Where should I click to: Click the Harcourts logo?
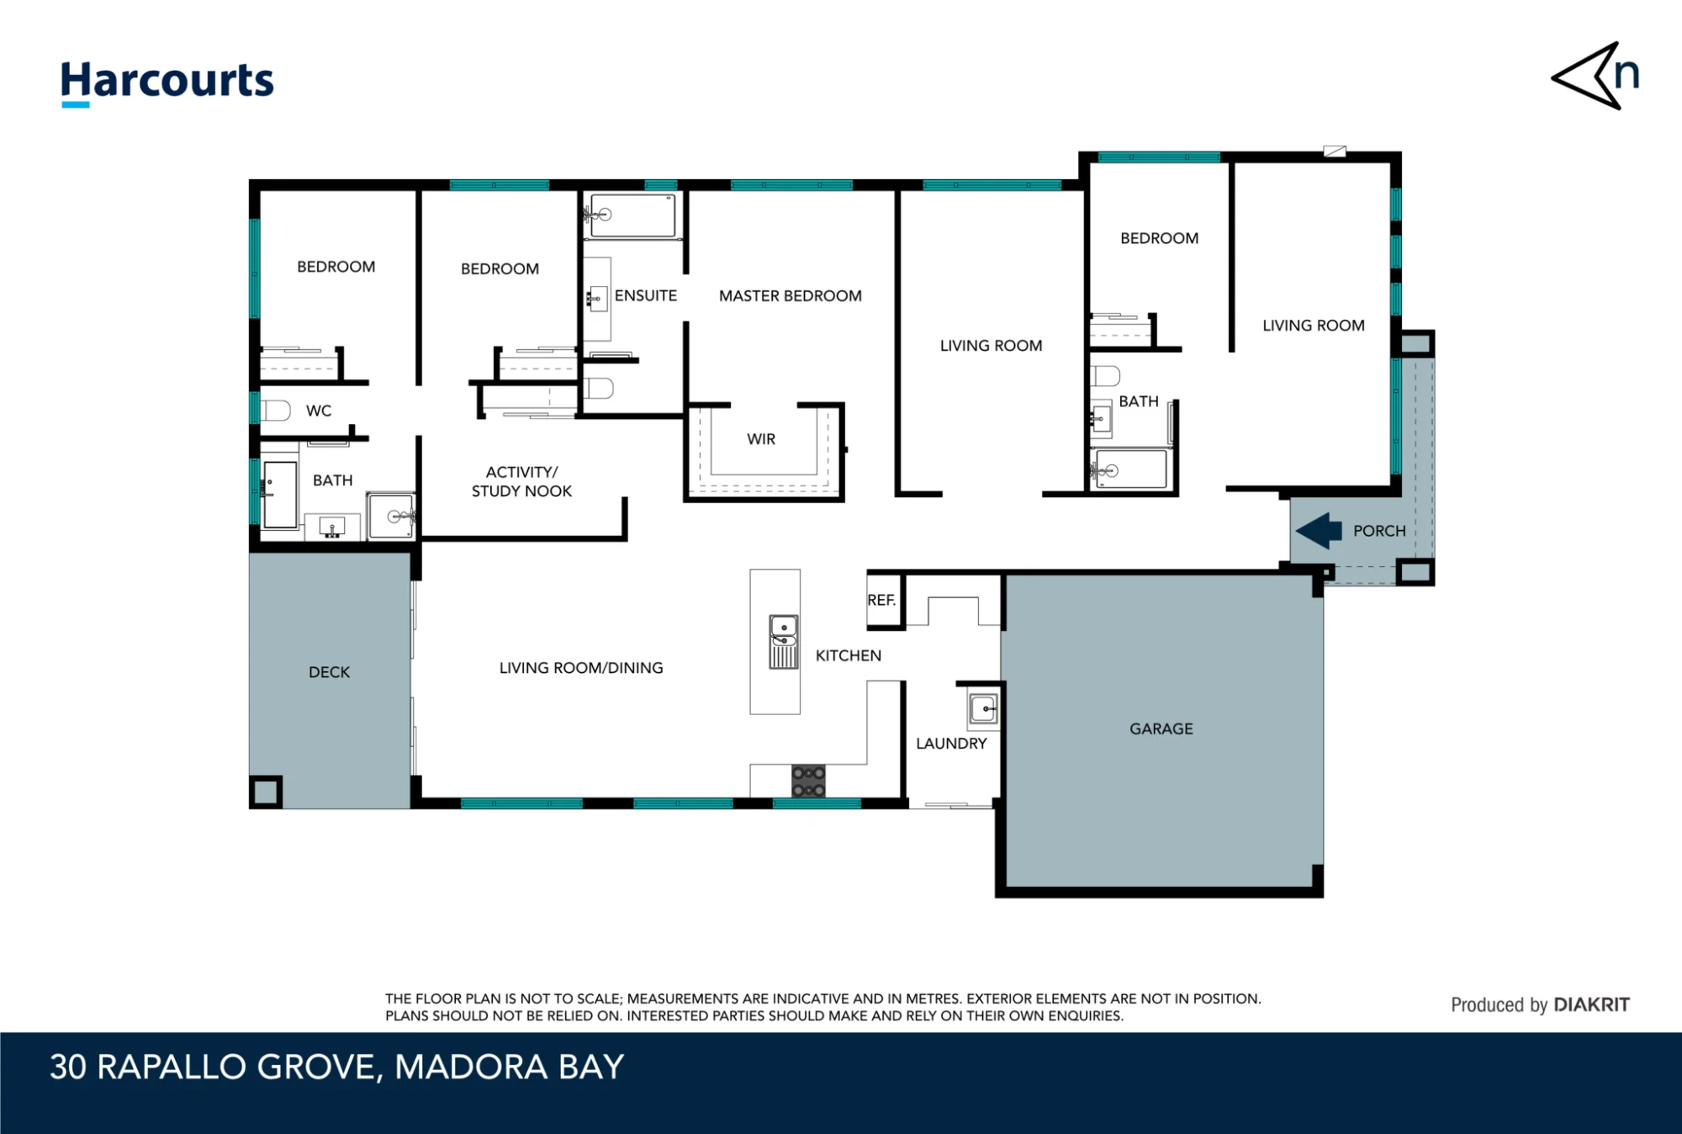point(167,83)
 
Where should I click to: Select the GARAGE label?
point(1161,729)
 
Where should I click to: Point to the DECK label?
point(329,672)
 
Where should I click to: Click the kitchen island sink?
point(784,642)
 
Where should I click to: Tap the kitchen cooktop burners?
point(808,782)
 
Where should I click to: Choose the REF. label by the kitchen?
point(881,600)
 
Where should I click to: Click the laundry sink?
point(983,709)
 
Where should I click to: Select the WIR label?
point(761,439)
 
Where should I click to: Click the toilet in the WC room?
point(275,411)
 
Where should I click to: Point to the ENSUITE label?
point(646,295)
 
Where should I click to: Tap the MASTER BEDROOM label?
point(791,296)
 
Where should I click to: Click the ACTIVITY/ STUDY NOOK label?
point(521,482)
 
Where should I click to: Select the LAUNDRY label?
point(951,744)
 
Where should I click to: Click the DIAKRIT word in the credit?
point(1591,1004)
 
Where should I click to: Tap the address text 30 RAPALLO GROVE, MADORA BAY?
point(336,1068)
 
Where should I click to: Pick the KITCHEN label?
point(849,655)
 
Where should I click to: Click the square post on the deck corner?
point(266,792)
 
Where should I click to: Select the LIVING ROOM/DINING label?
point(581,668)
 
